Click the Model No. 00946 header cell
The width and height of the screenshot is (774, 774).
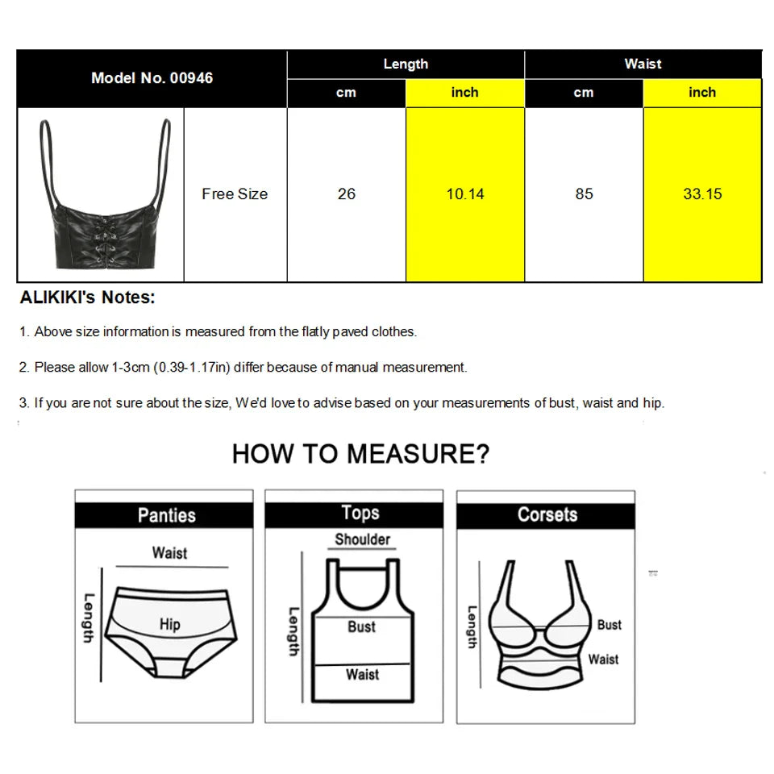152,78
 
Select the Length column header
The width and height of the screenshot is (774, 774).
406,64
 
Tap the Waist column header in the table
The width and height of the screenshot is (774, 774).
643,64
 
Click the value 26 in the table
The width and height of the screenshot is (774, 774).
347,194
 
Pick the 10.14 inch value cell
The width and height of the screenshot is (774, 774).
465,194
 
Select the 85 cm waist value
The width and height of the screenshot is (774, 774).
584,194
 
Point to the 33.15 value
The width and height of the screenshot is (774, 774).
702,194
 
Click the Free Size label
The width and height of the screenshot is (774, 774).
235,194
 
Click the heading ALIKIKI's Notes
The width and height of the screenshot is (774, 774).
87,298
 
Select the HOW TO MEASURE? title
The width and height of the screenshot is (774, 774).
360,454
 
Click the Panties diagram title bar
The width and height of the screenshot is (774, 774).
166,515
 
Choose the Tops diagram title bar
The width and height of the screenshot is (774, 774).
360,514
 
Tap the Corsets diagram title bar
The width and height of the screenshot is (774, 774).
547,515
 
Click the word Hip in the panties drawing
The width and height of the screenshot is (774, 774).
169,624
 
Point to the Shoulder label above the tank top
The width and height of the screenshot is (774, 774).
363,539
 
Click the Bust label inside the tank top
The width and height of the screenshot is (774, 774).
361,626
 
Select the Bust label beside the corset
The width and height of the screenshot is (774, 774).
610,625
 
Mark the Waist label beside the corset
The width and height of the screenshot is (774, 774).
603,660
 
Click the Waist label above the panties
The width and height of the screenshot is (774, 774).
169,553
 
